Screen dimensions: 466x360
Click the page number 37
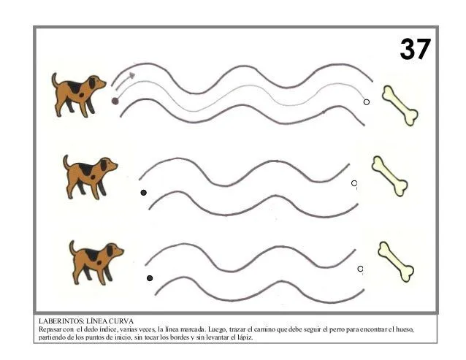pyautogui.click(x=415, y=49)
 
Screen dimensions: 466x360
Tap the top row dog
pyautogui.click(x=79, y=95)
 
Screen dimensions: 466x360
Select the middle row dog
pyautogui.click(x=90, y=177)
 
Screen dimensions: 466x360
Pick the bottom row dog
pyautogui.click(x=96, y=263)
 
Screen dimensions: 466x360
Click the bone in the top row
pyautogui.click(x=400, y=106)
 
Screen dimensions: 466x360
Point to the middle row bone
pyautogui.click(x=389, y=176)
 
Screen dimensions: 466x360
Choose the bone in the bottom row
pyautogui.click(x=396, y=261)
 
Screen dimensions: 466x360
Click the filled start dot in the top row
pyautogui.click(x=115, y=101)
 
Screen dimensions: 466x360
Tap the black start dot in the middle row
pyautogui.click(x=144, y=193)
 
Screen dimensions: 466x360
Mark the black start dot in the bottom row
pyautogui.click(x=150, y=278)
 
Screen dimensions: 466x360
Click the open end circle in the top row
pyautogui.click(x=367, y=102)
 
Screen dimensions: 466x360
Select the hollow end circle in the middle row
pyautogui.click(x=354, y=183)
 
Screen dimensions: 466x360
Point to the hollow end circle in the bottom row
pyautogui.click(x=360, y=269)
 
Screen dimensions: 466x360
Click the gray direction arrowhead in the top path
pyautogui.click(x=131, y=75)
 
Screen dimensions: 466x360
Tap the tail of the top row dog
pyautogui.click(x=54, y=80)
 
